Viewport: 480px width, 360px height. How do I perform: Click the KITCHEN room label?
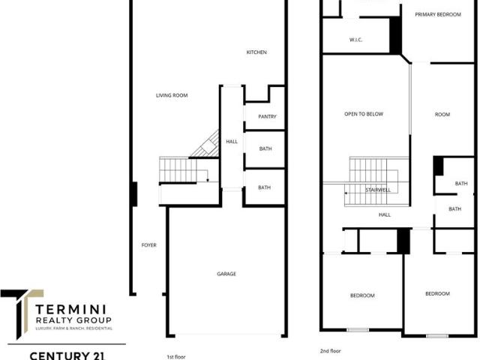point(256,52)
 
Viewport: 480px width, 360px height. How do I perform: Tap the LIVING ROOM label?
point(172,95)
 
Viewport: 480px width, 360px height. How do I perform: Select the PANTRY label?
point(267,117)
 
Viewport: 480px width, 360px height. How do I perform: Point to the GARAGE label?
point(226,274)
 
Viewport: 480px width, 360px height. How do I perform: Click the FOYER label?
point(148,245)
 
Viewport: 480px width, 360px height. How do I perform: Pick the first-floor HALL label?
point(232,142)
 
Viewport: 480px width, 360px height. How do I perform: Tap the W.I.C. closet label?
point(356,40)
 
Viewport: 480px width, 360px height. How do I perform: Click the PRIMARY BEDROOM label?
point(438,14)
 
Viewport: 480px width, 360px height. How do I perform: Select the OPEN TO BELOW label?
point(364,114)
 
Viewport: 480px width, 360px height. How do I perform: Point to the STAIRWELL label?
point(378,190)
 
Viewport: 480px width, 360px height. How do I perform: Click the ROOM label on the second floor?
point(442,115)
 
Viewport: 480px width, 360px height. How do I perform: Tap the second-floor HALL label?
point(385,215)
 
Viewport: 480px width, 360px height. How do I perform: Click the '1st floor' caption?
point(176,357)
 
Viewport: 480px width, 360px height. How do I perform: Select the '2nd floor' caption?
point(330,351)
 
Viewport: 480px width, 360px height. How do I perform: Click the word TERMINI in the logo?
point(70,309)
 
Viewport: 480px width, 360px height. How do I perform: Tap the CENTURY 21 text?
point(67,356)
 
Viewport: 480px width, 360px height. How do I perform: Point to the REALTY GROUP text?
point(73,320)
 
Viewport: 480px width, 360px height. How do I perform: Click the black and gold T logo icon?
point(22,313)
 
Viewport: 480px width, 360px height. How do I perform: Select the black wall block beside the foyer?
point(133,194)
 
